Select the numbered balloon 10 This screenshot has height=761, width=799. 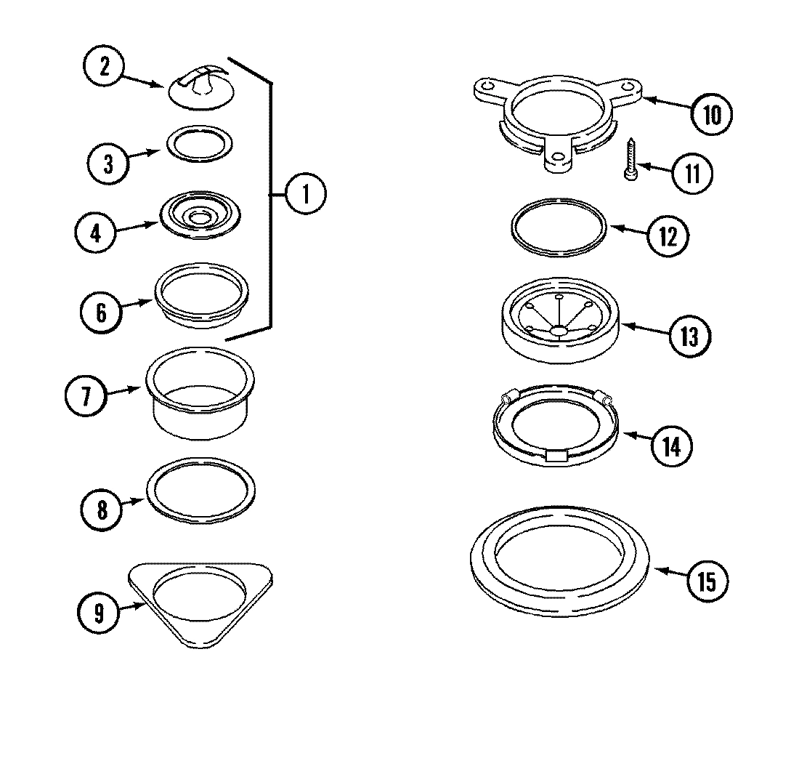coord(711,115)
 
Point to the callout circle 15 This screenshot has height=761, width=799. coord(705,581)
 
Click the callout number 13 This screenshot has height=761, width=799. coord(689,336)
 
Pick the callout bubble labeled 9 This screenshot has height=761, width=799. coord(98,613)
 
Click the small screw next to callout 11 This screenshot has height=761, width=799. coord(630,161)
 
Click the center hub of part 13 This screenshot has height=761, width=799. coord(558,330)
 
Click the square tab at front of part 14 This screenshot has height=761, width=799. coord(556,456)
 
